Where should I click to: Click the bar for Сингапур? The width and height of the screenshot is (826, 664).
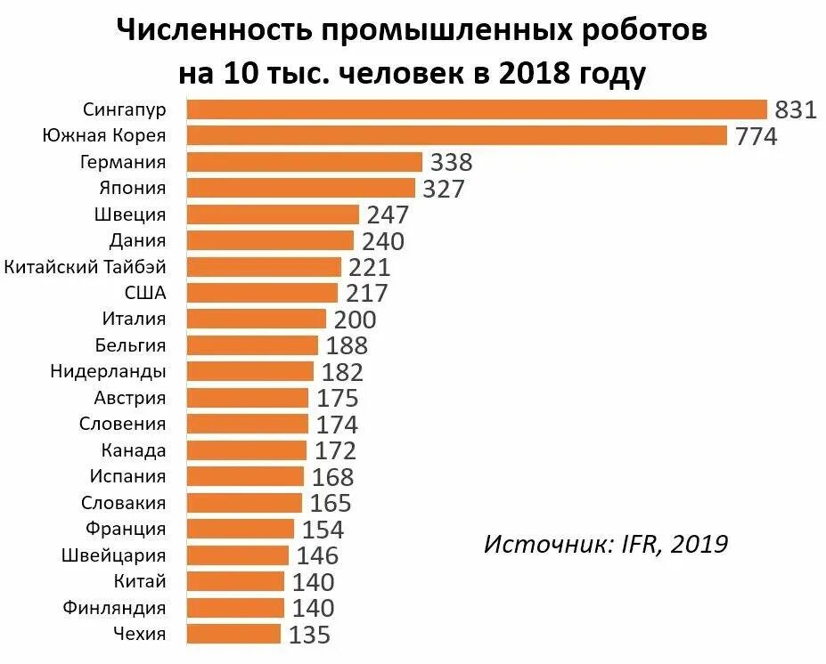pos(477,109)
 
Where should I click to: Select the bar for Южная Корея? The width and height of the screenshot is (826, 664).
pos(457,136)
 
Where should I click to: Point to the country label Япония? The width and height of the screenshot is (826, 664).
pos(133,189)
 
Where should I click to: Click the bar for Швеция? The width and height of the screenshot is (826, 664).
pos(273,215)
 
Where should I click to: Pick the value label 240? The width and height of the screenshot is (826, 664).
pos(383,241)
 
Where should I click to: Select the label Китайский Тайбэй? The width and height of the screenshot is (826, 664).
pos(86,267)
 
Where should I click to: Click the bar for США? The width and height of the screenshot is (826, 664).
pos(263,293)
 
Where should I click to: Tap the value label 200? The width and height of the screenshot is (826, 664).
pos(355,320)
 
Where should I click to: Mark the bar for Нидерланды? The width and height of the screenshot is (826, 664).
pos(250,372)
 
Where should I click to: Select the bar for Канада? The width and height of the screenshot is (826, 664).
pos(247,450)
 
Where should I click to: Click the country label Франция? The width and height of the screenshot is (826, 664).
pos(126,529)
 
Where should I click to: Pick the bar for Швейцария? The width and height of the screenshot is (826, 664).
pos(238,555)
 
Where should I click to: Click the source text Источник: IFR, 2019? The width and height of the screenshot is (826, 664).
pos(606,543)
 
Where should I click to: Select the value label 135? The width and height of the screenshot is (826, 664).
pos(309,635)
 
